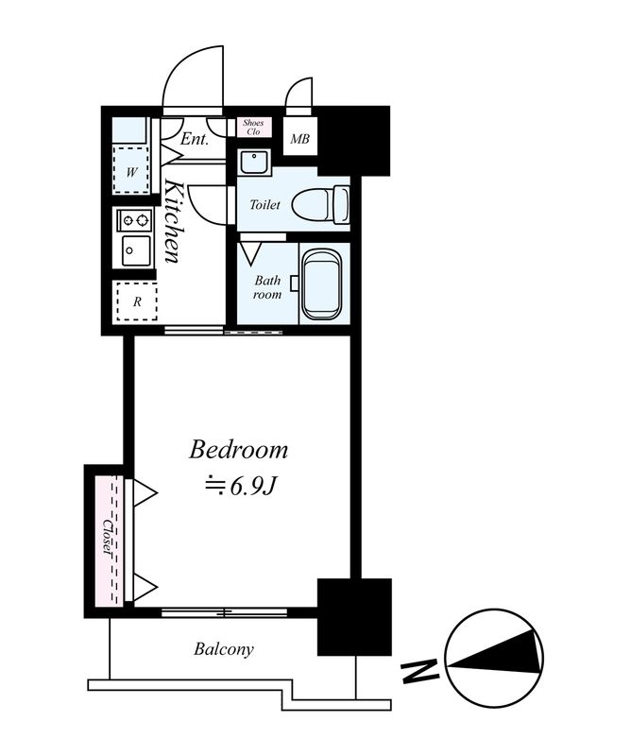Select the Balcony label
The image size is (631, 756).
coord(224,649)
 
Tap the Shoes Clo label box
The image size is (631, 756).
coord(253,127)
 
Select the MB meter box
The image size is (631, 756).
coord(299,141)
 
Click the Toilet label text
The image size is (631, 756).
coord(264,204)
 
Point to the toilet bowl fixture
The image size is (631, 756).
coord(318,203)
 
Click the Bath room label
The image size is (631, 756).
coord(267,286)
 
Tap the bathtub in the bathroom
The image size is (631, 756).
coord(322,283)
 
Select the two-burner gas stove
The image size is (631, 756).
coord(134,220)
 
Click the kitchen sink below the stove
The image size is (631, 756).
coord(133,250)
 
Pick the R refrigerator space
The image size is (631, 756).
coord(136,302)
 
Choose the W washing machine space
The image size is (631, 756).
coord(133,172)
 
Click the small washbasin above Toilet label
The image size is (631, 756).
coord(253,163)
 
